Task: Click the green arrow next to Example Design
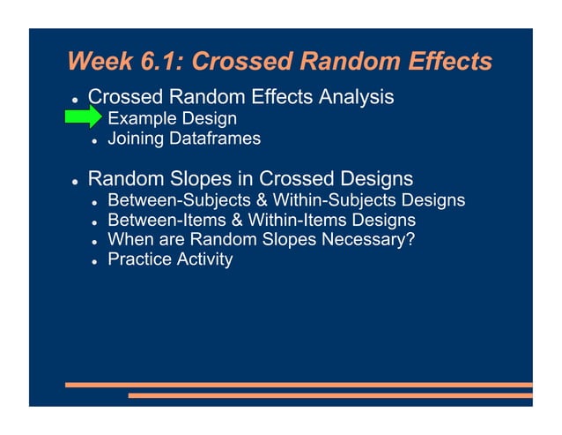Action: coord(84,117)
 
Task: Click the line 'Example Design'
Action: coord(172,118)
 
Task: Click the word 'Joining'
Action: coord(135,139)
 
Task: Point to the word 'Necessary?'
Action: coord(366,239)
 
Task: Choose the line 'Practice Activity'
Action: coord(170,259)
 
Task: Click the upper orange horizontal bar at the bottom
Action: coord(299,385)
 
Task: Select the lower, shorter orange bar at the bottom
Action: coord(330,395)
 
